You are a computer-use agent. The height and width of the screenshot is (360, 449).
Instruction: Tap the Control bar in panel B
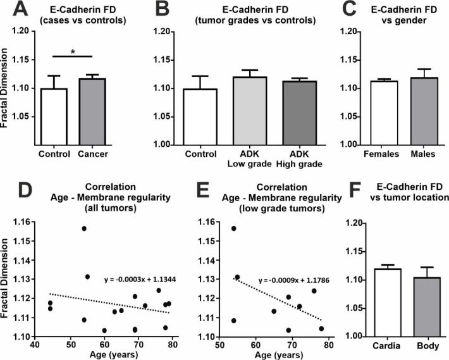(200, 116)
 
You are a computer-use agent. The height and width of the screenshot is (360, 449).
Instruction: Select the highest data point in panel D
(84, 228)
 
